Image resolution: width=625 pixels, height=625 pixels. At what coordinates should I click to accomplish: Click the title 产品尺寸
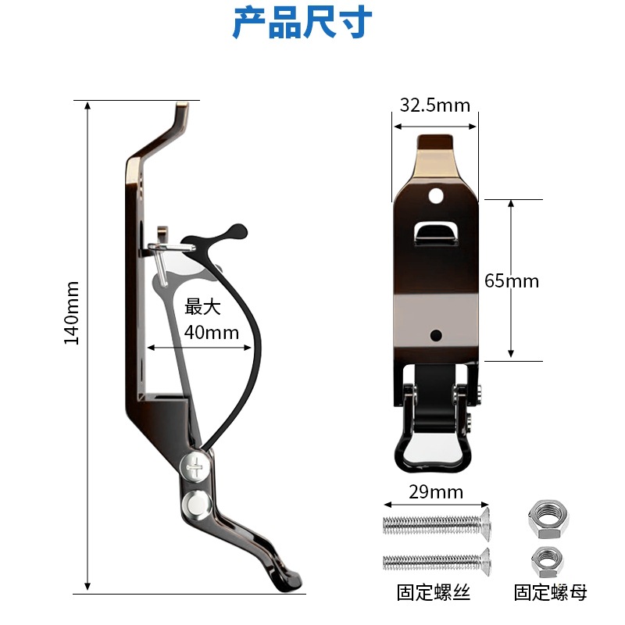302,23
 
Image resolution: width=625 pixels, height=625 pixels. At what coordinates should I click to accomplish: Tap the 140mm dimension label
72,312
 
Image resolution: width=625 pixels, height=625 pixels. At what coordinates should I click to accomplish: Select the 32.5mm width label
434,105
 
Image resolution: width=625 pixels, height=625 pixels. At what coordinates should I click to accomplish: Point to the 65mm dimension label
512,280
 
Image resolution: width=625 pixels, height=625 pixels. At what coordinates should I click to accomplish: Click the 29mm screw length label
436,492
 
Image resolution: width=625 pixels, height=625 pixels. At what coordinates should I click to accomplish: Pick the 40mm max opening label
211,332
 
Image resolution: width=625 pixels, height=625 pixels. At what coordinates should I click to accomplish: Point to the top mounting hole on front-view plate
435,193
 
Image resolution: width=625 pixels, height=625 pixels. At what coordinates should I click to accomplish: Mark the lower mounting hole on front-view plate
436,336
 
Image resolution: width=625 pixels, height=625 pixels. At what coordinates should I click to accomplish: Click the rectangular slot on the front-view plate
436,230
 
